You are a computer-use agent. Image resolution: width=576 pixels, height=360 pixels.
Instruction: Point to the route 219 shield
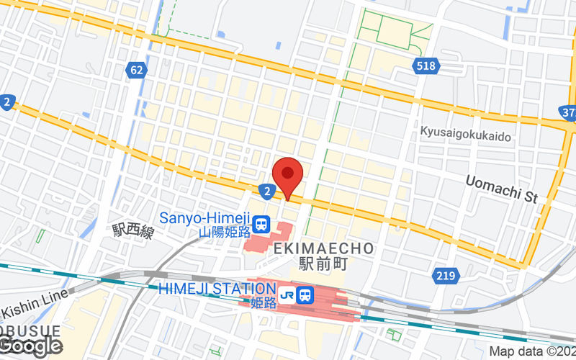pos(445,275)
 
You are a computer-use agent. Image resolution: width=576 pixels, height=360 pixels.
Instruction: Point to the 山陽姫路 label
pos(223,232)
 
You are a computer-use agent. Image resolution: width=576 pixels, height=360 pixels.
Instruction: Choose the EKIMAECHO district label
pos(324,248)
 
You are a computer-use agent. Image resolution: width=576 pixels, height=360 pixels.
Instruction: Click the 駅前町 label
pos(324,264)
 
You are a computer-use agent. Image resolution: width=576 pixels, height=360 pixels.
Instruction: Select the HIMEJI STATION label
pos(217,288)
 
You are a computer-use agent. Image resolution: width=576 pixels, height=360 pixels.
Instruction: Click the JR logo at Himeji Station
pos(287,294)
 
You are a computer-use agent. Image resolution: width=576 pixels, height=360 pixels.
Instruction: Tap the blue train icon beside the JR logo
pos(305,294)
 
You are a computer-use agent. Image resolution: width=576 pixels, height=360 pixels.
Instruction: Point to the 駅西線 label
pos(133,231)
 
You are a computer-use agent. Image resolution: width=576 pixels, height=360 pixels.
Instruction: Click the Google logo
pos(30,346)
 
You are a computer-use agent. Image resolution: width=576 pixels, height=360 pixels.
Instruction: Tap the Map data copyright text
pos(532,352)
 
